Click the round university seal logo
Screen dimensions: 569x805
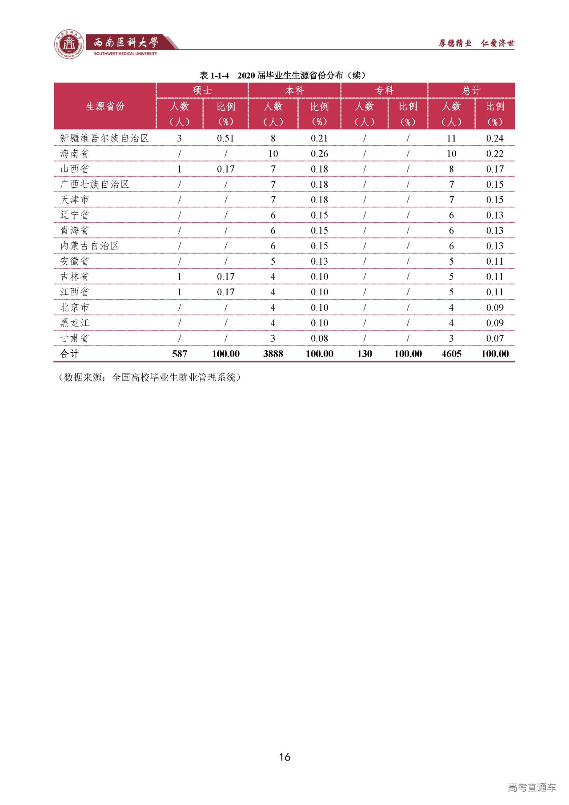(x=69, y=44)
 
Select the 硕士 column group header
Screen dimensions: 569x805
(x=202, y=90)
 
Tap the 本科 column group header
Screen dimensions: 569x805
(x=294, y=90)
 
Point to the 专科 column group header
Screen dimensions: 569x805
(x=384, y=90)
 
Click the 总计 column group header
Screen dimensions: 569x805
(x=471, y=90)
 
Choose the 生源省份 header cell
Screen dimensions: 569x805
(x=105, y=106)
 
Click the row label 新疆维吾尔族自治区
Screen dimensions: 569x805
(x=104, y=138)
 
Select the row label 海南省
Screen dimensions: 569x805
(x=75, y=153)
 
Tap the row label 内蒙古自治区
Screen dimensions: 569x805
(x=90, y=246)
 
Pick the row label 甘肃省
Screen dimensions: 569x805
(x=75, y=338)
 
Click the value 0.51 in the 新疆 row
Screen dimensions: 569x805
(x=225, y=138)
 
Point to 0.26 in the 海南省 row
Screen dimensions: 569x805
(x=319, y=153)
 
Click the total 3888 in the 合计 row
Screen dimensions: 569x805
(x=273, y=354)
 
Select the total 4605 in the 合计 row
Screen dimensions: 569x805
(x=451, y=354)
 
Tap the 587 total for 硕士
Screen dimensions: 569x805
(x=180, y=354)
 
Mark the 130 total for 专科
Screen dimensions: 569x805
(x=365, y=354)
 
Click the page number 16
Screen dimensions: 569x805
(x=284, y=757)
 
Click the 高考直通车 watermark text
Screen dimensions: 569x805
(x=532, y=787)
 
